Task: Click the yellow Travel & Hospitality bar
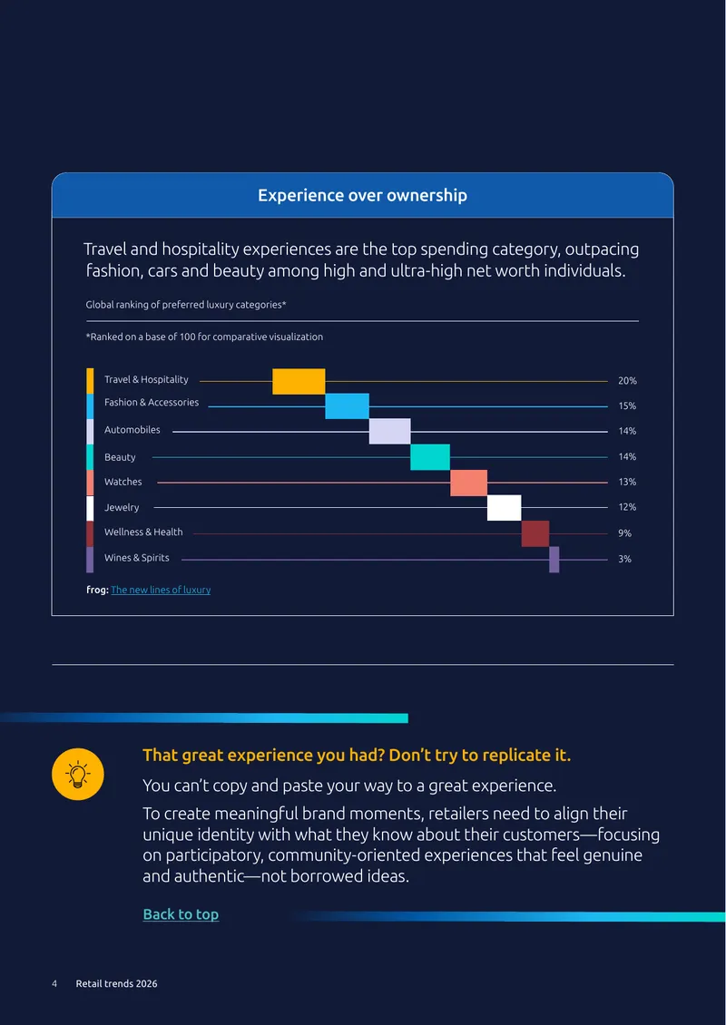(299, 381)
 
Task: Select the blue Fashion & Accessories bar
(348, 406)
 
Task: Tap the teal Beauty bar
(430, 457)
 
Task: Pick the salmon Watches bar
(469, 483)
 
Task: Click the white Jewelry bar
(505, 508)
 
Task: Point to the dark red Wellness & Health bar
(535, 533)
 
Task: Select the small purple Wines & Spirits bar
(554, 560)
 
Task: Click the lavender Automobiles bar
(390, 432)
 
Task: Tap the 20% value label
(627, 380)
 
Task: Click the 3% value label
(624, 560)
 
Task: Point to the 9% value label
(624, 533)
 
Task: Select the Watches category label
(123, 482)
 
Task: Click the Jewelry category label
(122, 507)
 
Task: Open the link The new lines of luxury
(161, 590)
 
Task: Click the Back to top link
(181, 913)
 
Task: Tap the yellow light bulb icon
(78, 774)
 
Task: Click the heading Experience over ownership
(362, 195)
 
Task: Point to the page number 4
(55, 984)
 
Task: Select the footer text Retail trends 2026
(116, 984)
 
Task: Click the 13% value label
(627, 482)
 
